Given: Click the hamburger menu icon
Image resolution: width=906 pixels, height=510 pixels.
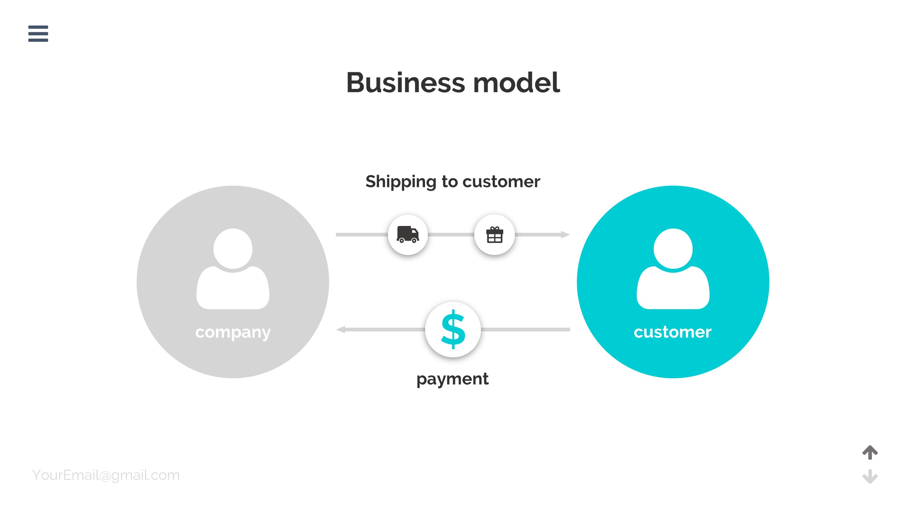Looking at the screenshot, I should click(x=38, y=34).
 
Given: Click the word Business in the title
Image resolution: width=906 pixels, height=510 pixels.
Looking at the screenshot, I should click(x=406, y=83).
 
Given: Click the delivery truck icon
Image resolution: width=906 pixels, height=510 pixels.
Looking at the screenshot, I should click(x=408, y=234).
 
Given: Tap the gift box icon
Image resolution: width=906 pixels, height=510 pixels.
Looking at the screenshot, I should click(x=494, y=235).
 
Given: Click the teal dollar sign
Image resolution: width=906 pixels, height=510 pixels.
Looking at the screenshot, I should click(x=453, y=329).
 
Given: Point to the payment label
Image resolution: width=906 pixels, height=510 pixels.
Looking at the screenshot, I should click(x=452, y=379).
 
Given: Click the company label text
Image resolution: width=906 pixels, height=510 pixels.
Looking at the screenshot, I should click(x=233, y=333).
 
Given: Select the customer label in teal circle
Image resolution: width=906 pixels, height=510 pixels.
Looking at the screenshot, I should click(x=672, y=332).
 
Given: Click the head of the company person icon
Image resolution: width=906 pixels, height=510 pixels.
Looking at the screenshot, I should click(x=233, y=248).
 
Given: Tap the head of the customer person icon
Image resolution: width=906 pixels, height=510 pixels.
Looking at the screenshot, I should click(x=673, y=248).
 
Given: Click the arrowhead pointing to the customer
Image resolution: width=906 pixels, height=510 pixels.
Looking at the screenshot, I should click(x=565, y=234).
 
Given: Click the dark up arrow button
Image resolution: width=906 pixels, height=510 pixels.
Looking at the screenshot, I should click(x=870, y=452).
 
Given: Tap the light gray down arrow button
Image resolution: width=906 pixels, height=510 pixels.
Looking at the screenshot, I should click(x=870, y=476).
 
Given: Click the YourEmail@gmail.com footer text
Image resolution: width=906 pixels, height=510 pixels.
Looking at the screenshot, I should click(x=106, y=475).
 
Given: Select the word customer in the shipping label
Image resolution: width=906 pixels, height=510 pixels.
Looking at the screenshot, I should click(x=501, y=182).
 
